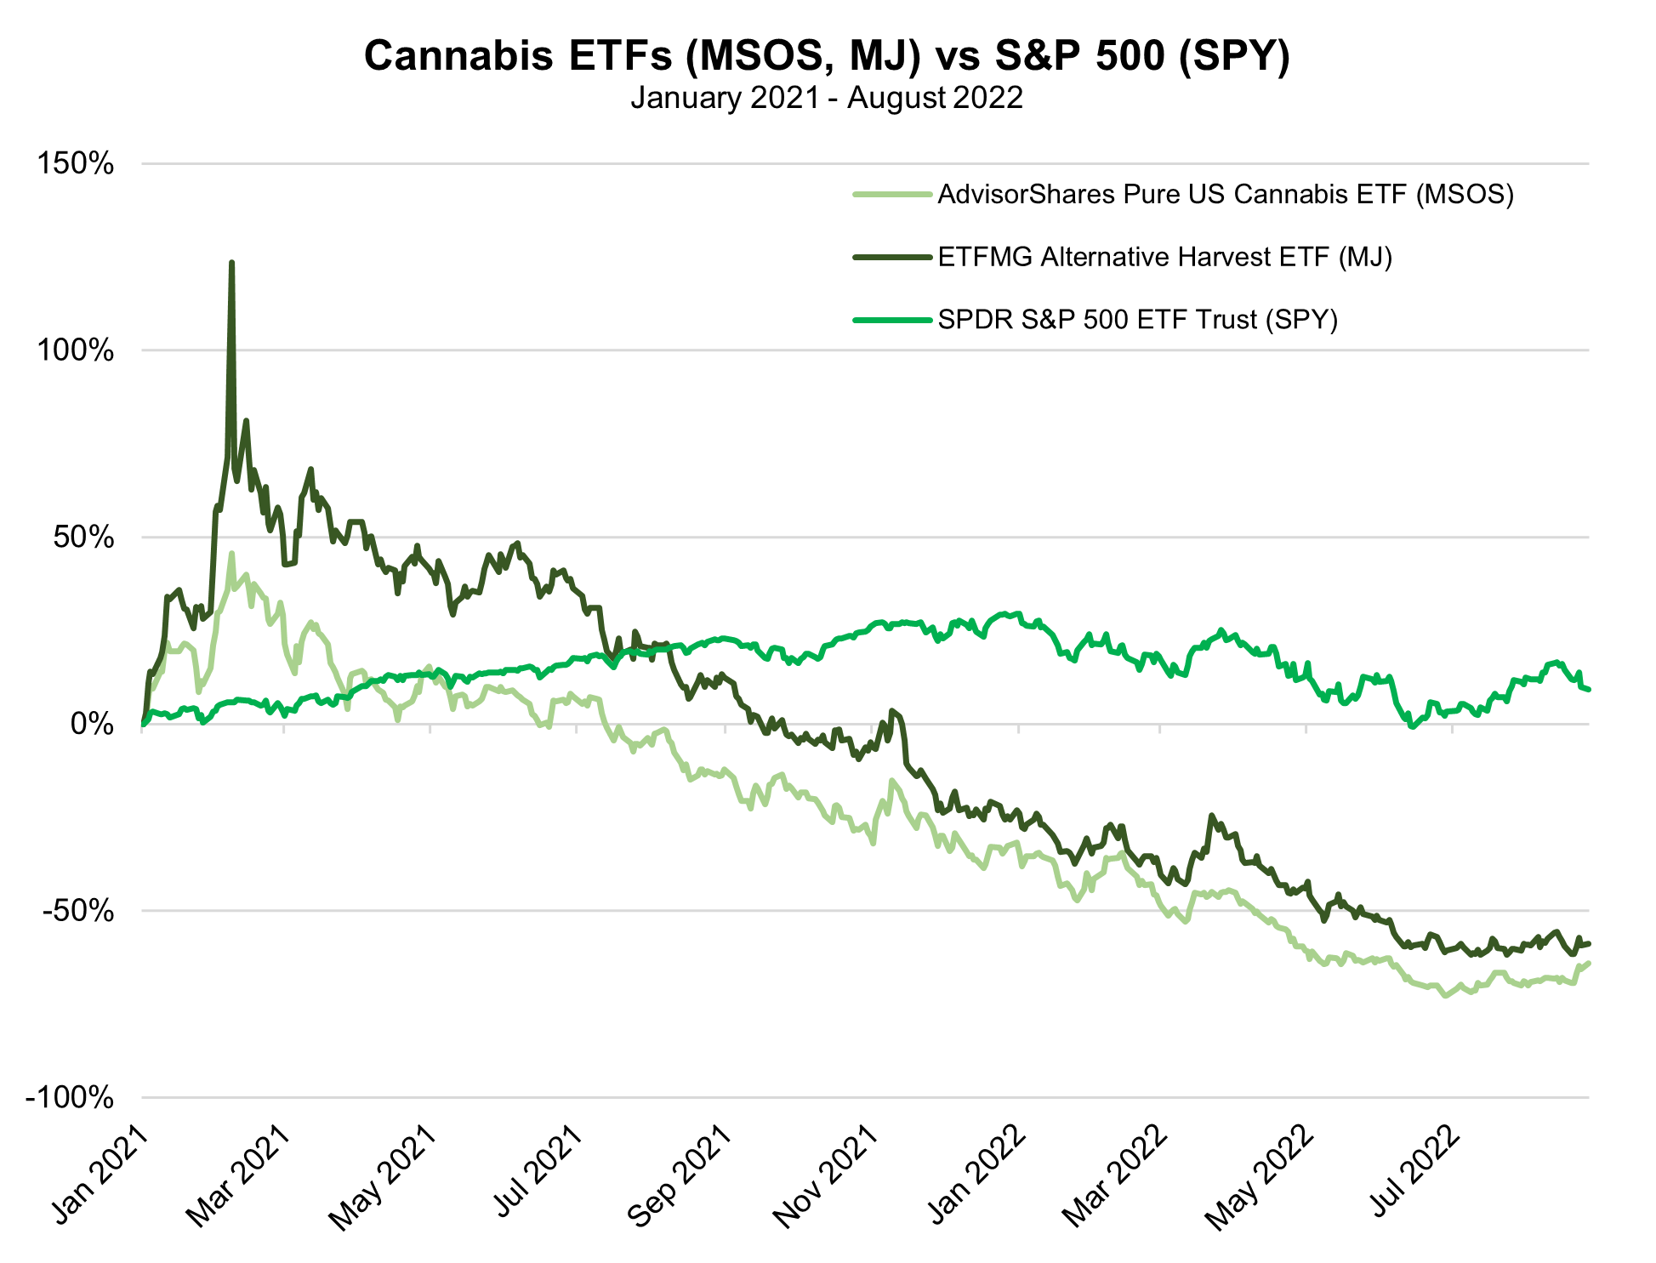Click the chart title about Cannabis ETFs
tap(827, 56)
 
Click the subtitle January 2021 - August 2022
tap(827, 98)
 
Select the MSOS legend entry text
tap(1226, 195)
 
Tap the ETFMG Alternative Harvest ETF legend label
tap(1164, 257)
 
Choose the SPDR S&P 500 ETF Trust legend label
tap(1138, 320)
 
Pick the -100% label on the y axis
tap(71, 1098)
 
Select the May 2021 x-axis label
tap(384, 1178)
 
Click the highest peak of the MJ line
tap(231, 263)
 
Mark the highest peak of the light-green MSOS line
tap(231, 554)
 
